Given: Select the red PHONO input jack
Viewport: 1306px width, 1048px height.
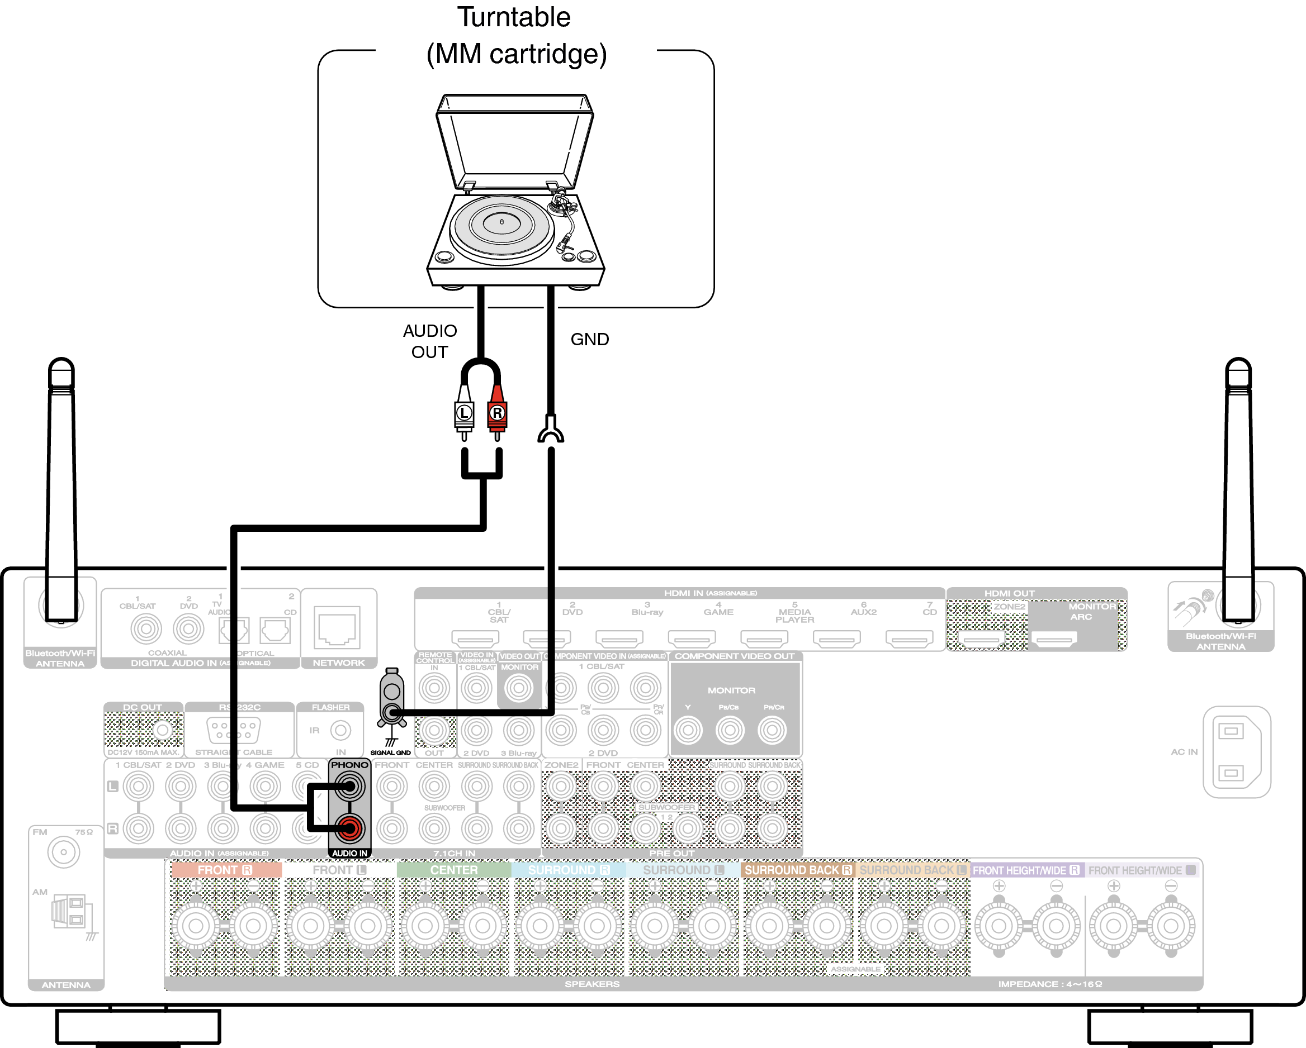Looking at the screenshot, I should [x=349, y=828].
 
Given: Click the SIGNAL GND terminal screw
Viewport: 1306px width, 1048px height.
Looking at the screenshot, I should [x=392, y=712].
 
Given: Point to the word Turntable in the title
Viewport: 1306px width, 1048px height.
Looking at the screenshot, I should [x=514, y=17].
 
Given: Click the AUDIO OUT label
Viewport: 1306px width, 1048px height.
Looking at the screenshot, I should [x=430, y=341].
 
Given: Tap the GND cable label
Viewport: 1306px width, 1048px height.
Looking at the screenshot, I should [x=589, y=339].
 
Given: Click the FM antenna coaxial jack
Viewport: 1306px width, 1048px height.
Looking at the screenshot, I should [x=64, y=852].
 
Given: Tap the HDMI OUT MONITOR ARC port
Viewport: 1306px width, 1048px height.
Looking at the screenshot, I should [x=1054, y=638].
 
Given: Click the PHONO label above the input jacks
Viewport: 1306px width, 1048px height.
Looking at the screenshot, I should [x=349, y=765].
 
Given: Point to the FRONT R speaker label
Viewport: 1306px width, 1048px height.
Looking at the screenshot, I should [x=225, y=869].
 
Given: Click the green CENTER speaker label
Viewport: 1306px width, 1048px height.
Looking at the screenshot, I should [x=454, y=869].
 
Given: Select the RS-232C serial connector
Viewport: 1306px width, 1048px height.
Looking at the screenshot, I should [x=233, y=730].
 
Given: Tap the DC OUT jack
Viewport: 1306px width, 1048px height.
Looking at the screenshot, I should [x=162, y=730].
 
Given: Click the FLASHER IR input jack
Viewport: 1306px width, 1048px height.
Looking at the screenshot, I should [x=340, y=730].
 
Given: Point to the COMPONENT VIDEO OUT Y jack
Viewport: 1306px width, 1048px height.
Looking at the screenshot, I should [x=688, y=730].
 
